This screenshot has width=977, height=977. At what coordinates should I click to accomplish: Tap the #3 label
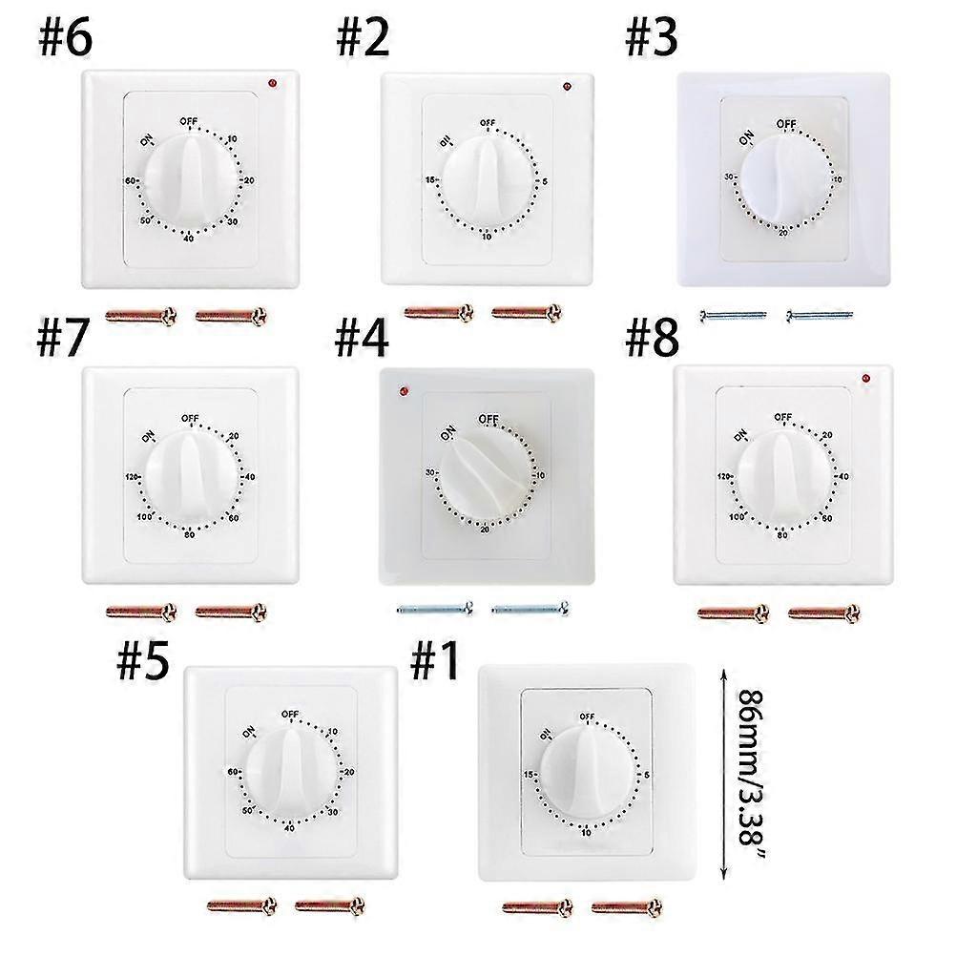(x=651, y=38)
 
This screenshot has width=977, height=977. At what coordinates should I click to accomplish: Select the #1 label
(x=436, y=662)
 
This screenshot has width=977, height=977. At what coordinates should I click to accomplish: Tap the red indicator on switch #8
(x=865, y=378)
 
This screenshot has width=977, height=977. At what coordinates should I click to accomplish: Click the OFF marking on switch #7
(x=189, y=418)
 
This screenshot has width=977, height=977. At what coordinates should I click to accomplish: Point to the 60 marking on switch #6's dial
(x=131, y=180)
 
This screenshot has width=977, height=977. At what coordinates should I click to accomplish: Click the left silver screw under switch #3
(x=733, y=315)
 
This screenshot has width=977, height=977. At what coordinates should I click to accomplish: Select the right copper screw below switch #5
(x=330, y=904)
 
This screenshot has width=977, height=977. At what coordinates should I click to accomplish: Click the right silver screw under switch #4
(x=530, y=606)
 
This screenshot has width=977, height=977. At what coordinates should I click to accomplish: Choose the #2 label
(x=363, y=38)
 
